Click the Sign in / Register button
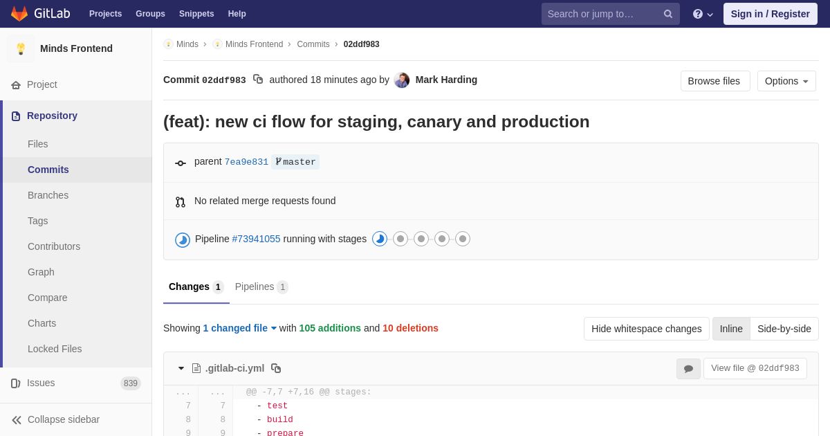(771, 14)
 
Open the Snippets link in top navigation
(196, 14)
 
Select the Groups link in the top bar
(151, 14)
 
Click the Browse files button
(715, 81)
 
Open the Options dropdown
(786, 81)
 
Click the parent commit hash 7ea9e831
(246, 162)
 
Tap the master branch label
(295, 162)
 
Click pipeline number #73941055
(256, 239)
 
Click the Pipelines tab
(261, 287)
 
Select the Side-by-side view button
(784, 329)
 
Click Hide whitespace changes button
(646, 329)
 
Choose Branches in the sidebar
(48, 195)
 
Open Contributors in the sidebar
(54, 246)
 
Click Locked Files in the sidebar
(55, 349)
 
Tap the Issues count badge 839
(131, 383)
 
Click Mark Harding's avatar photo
(402, 80)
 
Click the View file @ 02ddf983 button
(755, 368)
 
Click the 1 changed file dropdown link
(240, 328)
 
